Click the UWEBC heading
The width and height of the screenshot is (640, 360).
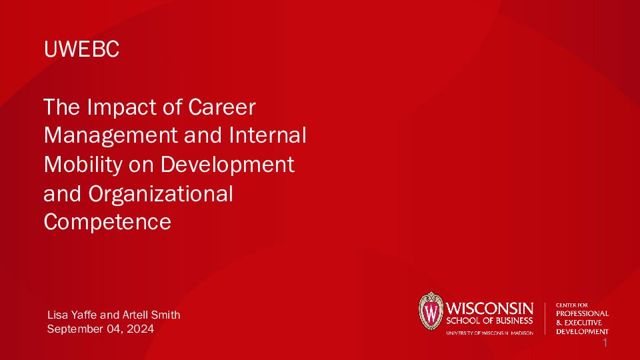pos(81,49)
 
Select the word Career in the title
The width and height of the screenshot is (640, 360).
pos(223,107)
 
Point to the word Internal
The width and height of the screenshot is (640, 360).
pos(267,135)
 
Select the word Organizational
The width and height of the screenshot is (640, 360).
pos(160,193)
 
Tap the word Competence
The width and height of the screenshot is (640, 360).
pos(107,221)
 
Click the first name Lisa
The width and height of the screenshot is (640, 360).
pos(57,315)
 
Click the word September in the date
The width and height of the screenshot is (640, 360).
pos(78,329)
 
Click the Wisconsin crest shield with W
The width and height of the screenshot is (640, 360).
pos(431,312)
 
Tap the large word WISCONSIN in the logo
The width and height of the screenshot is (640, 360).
pos(489,308)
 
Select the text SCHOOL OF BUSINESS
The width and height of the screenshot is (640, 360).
pos(489,321)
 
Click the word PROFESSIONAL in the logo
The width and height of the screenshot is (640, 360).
pos(582,313)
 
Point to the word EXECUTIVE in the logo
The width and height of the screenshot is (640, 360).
pos(587,323)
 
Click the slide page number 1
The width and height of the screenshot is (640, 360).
pos(605,343)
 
